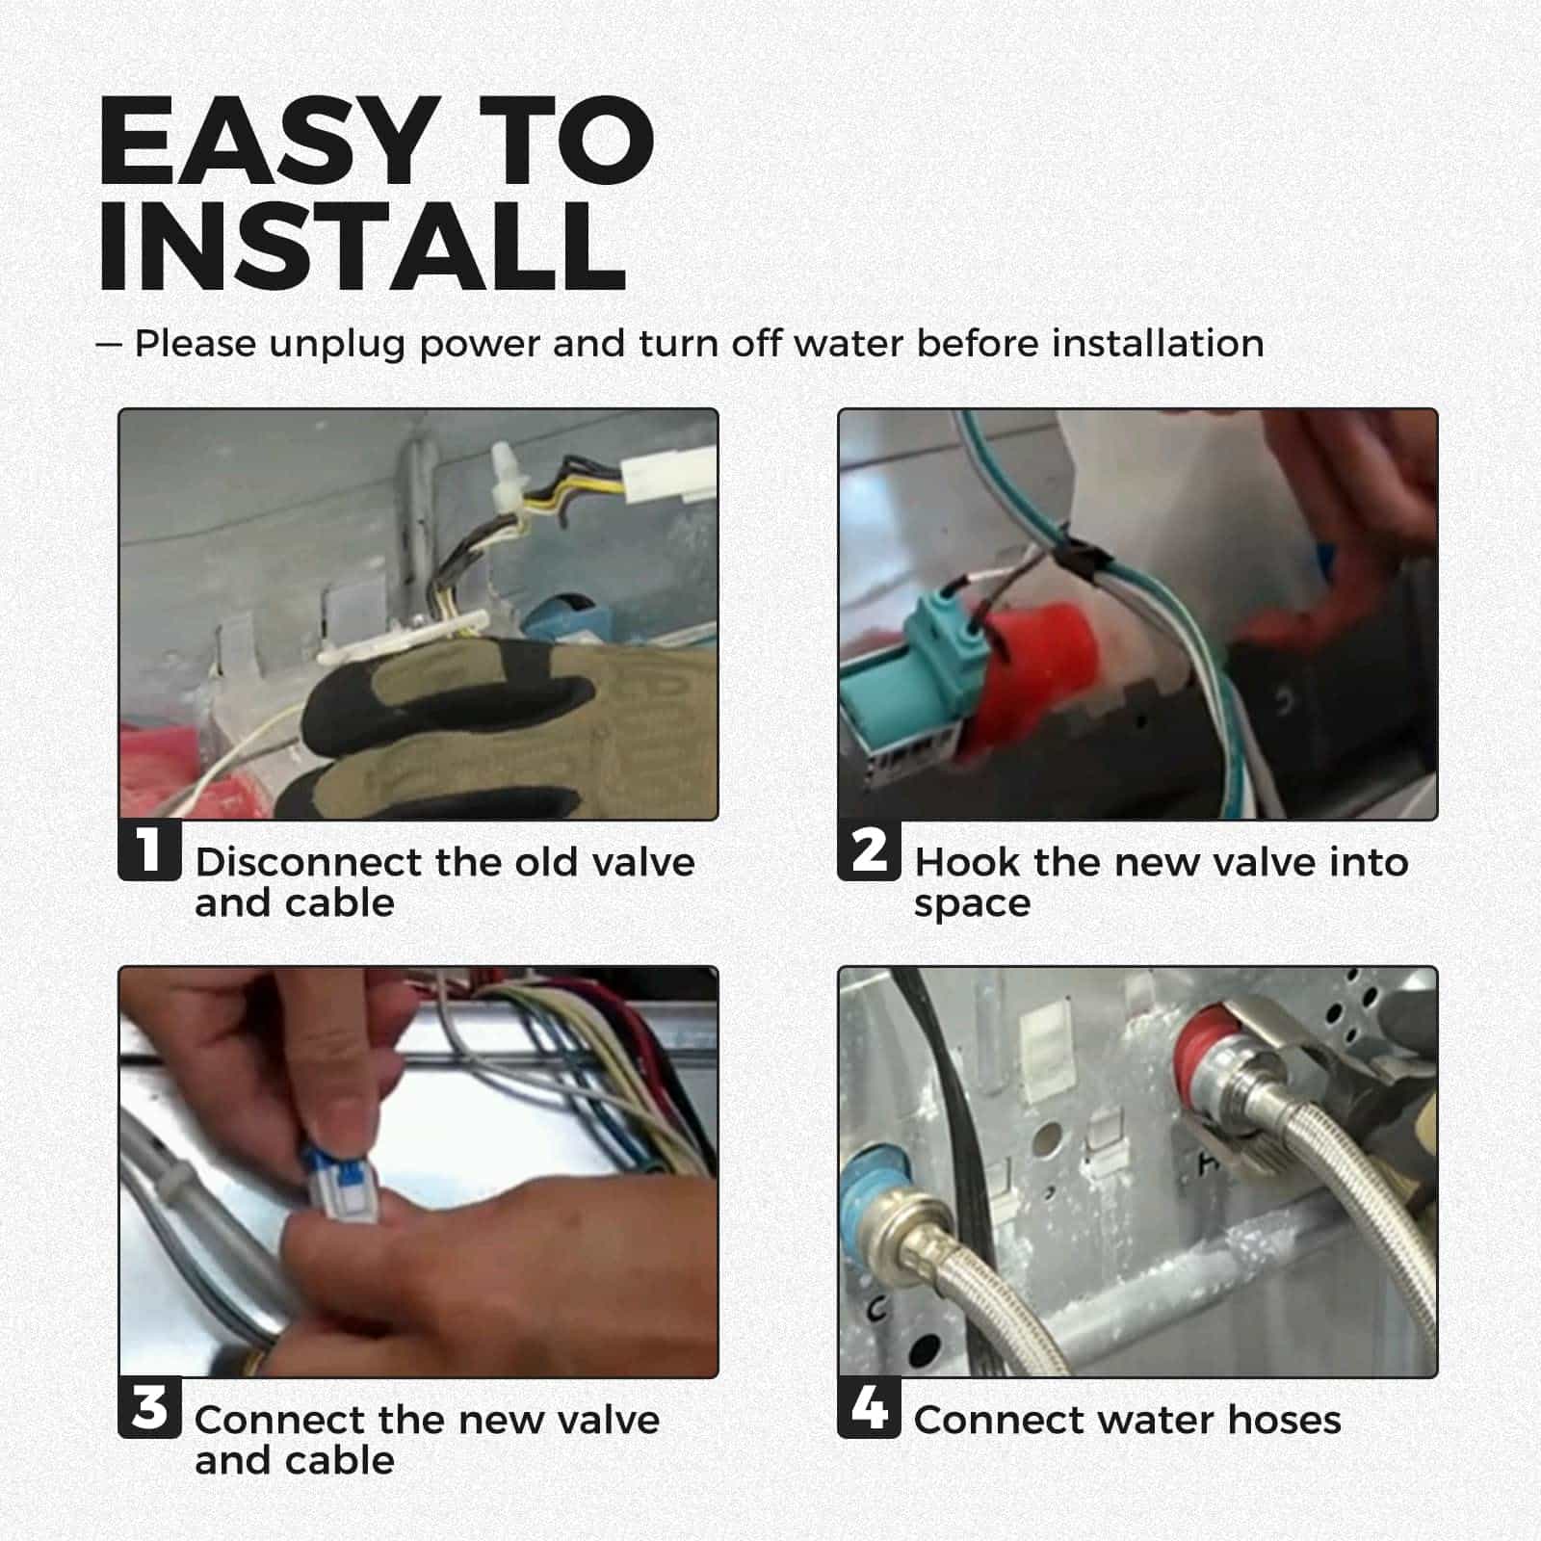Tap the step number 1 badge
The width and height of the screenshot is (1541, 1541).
(149, 849)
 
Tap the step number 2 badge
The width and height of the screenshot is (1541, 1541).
(869, 849)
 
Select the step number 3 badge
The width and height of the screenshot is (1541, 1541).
(149, 1407)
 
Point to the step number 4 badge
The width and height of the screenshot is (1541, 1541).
(869, 1407)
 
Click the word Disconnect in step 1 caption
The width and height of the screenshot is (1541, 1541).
(307, 862)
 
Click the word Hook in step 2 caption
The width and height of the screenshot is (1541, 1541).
(966, 862)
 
